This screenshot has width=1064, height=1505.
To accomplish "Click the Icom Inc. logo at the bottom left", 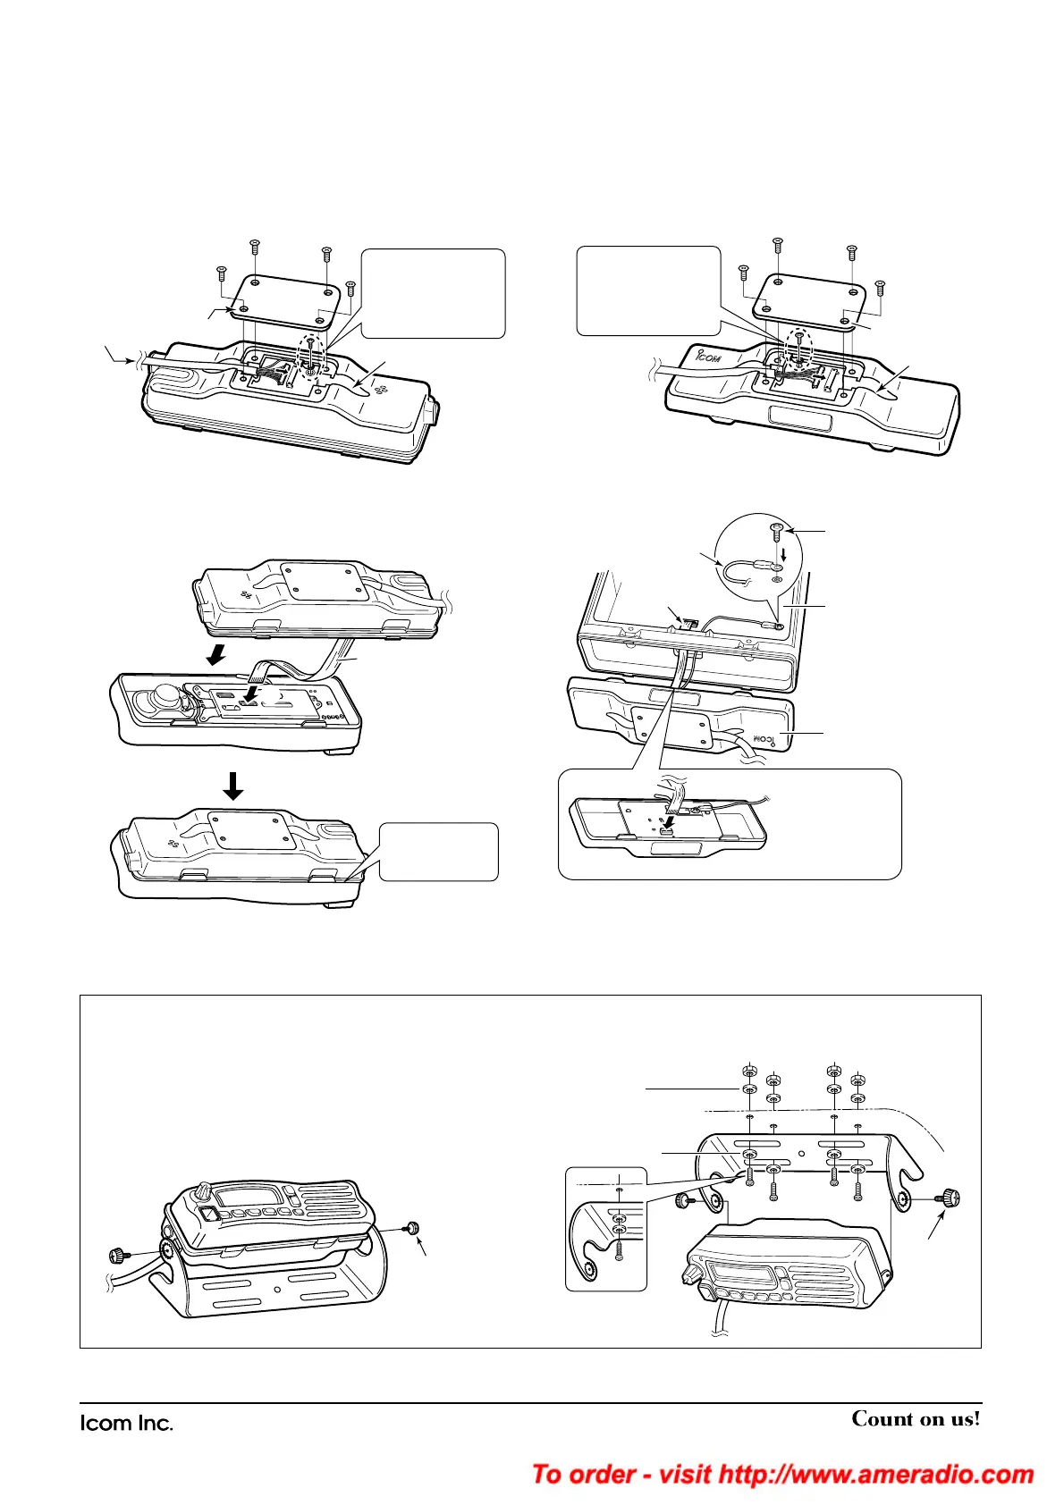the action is pyautogui.click(x=126, y=1423).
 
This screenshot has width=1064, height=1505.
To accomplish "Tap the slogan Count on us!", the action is pyautogui.click(x=916, y=1419).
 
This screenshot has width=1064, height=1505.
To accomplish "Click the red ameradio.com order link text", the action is pyautogui.click(x=782, y=1474).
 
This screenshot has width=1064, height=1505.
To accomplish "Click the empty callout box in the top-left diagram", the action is pyautogui.click(x=433, y=293).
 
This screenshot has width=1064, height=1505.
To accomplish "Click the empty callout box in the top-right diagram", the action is pyautogui.click(x=648, y=290).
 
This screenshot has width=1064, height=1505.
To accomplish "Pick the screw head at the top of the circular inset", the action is pyautogui.click(x=776, y=533).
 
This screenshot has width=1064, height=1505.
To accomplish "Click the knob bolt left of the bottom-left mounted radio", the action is pyautogui.click(x=119, y=1255).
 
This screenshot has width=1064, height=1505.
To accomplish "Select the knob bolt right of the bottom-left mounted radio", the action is pyautogui.click(x=413, y=1229).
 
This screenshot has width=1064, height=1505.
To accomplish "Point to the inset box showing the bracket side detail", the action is pyautogui.click(x=605, y=1228).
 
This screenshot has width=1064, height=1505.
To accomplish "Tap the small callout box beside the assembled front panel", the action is pyautogui.click(x=438, y=851).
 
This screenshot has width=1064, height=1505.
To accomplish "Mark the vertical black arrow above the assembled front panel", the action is pyautogui.click(x=232, y=786).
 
